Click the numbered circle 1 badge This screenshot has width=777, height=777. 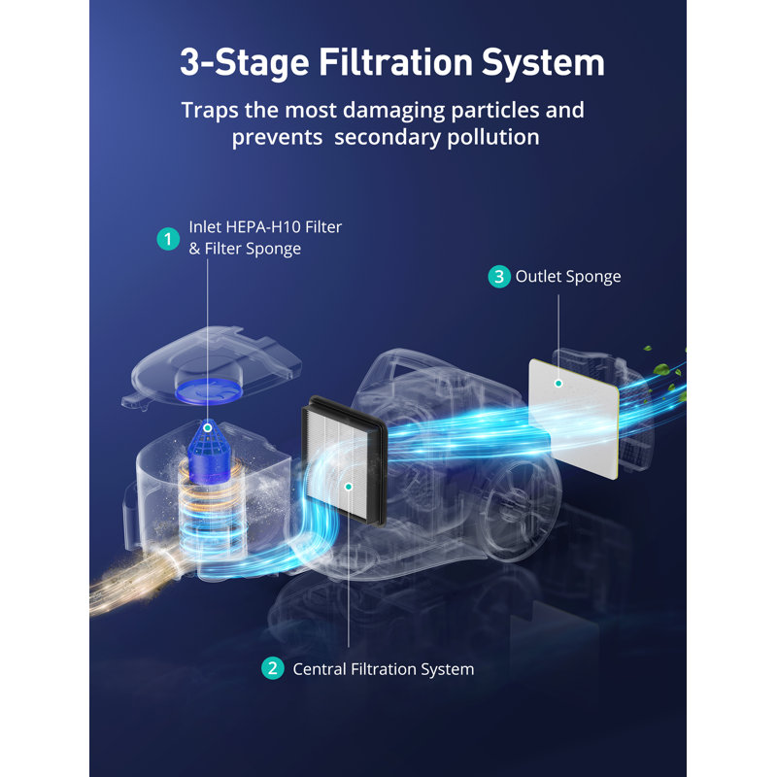point(168,239)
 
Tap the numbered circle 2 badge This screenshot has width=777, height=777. point(273,668)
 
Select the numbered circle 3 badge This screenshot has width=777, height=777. point(499,277)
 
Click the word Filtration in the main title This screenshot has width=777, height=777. point(395,62)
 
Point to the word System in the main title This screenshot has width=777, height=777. point(543,63)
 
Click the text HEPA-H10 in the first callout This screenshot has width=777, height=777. point(263,227)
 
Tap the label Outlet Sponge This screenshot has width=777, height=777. point(568,277)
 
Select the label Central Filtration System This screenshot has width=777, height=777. point(383,669)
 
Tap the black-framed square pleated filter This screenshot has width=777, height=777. point(343,458)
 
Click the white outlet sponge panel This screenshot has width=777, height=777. point(573,419)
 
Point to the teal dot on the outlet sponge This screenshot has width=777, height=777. point(558,383)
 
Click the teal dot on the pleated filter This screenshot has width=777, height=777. point(349,487)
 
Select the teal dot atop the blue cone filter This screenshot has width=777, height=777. point(208,427)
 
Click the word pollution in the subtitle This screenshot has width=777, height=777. point(493,138)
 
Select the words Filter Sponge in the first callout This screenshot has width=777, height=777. point(253,249)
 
